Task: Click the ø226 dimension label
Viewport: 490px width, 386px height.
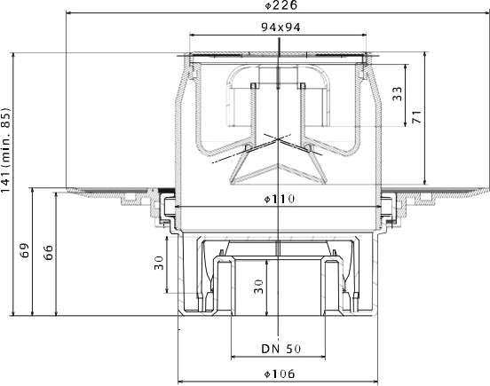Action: (281, 5)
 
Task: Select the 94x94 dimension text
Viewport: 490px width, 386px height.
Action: (281, 28)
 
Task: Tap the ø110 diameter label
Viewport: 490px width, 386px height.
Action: (279, 199)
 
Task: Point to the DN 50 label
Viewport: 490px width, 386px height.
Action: (281, 349)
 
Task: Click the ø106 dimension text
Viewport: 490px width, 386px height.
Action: (279, 374)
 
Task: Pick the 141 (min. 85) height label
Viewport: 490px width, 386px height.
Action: (5, 151)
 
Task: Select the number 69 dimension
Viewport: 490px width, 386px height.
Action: (24, 250)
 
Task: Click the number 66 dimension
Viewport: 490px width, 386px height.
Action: (48, 253)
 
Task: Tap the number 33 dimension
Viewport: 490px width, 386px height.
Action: (397, 94)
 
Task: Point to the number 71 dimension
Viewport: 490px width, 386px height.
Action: (416, 117)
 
